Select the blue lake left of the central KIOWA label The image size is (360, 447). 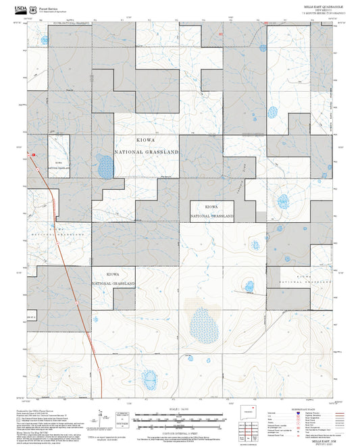pyautogui.click(x=104, y=166)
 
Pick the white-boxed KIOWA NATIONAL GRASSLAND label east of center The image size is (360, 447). pyautogui.click(x=211, y=211)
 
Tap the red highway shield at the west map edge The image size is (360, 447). pyautogui.click(x=31, y=155)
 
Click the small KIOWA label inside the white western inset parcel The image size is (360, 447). pyautogui.click(x=58, y=163)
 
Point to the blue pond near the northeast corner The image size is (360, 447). pyautogui.click(x=274, y=111)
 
